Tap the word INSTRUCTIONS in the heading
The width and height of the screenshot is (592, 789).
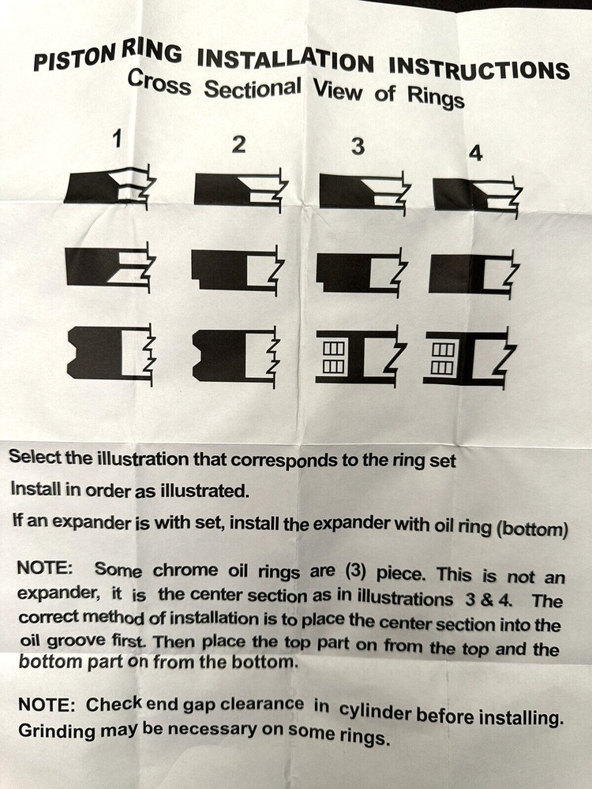[479, 67]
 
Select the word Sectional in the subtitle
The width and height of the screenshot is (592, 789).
[253, 88]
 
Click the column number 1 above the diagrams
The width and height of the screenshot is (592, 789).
[118, 138]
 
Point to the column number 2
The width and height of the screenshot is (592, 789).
[238, 144]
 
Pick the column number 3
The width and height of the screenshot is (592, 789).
[358, 147]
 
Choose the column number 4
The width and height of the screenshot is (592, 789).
[475, 153]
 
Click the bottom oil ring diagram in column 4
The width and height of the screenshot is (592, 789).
[470, 357]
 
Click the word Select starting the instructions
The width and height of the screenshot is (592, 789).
[35, 457]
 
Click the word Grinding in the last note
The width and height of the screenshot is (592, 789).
[57, 730]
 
